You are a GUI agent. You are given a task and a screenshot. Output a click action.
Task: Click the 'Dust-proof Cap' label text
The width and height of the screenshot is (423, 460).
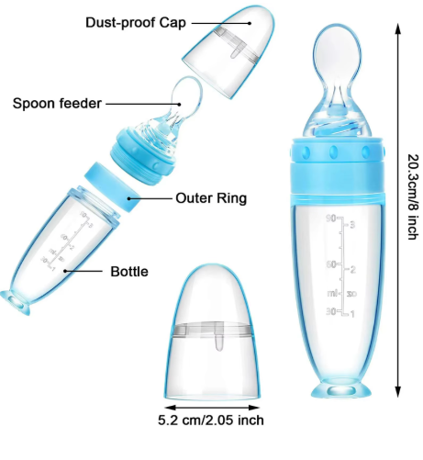pos(136,23)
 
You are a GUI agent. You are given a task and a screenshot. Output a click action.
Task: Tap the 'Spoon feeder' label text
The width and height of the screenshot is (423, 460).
pos(57,104)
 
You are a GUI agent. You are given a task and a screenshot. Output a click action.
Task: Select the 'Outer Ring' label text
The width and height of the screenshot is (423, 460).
pos(211,198)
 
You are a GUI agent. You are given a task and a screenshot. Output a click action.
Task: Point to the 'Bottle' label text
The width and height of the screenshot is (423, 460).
pos(129,272)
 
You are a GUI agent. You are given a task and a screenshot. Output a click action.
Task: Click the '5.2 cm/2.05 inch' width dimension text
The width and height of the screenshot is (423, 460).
pos(211,420)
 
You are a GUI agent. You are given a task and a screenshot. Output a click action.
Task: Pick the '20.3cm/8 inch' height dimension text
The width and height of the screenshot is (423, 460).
pos(413,196)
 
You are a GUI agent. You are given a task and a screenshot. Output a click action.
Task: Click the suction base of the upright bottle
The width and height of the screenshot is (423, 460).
pos(341,389)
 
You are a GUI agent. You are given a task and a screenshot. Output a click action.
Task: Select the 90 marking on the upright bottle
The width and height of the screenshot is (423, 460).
pos(330,219)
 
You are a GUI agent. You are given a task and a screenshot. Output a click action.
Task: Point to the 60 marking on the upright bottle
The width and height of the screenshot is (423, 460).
pos(331,264)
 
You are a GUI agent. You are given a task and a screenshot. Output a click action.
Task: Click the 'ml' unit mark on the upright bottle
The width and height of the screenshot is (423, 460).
pos(332,293)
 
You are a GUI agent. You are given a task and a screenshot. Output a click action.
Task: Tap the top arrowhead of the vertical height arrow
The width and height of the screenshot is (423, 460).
pos(397,28)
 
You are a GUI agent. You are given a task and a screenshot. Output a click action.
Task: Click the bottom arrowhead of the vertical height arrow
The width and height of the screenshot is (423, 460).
pos(397,392)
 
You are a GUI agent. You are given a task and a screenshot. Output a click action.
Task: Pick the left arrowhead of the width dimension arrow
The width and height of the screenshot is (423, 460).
pos(170,408)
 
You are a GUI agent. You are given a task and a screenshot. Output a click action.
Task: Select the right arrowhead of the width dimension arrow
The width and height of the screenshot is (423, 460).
pos(254,408)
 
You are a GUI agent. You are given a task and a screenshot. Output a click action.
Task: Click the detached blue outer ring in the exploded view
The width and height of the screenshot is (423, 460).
pos(112,187)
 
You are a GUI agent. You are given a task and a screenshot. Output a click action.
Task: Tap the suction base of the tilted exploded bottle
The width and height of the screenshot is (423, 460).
pos(16,302)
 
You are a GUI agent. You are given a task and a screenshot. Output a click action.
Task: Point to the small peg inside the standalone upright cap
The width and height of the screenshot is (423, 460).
pos(219,342)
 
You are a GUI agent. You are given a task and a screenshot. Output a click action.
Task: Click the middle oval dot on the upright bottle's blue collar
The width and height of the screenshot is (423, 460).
pos(333,151)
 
